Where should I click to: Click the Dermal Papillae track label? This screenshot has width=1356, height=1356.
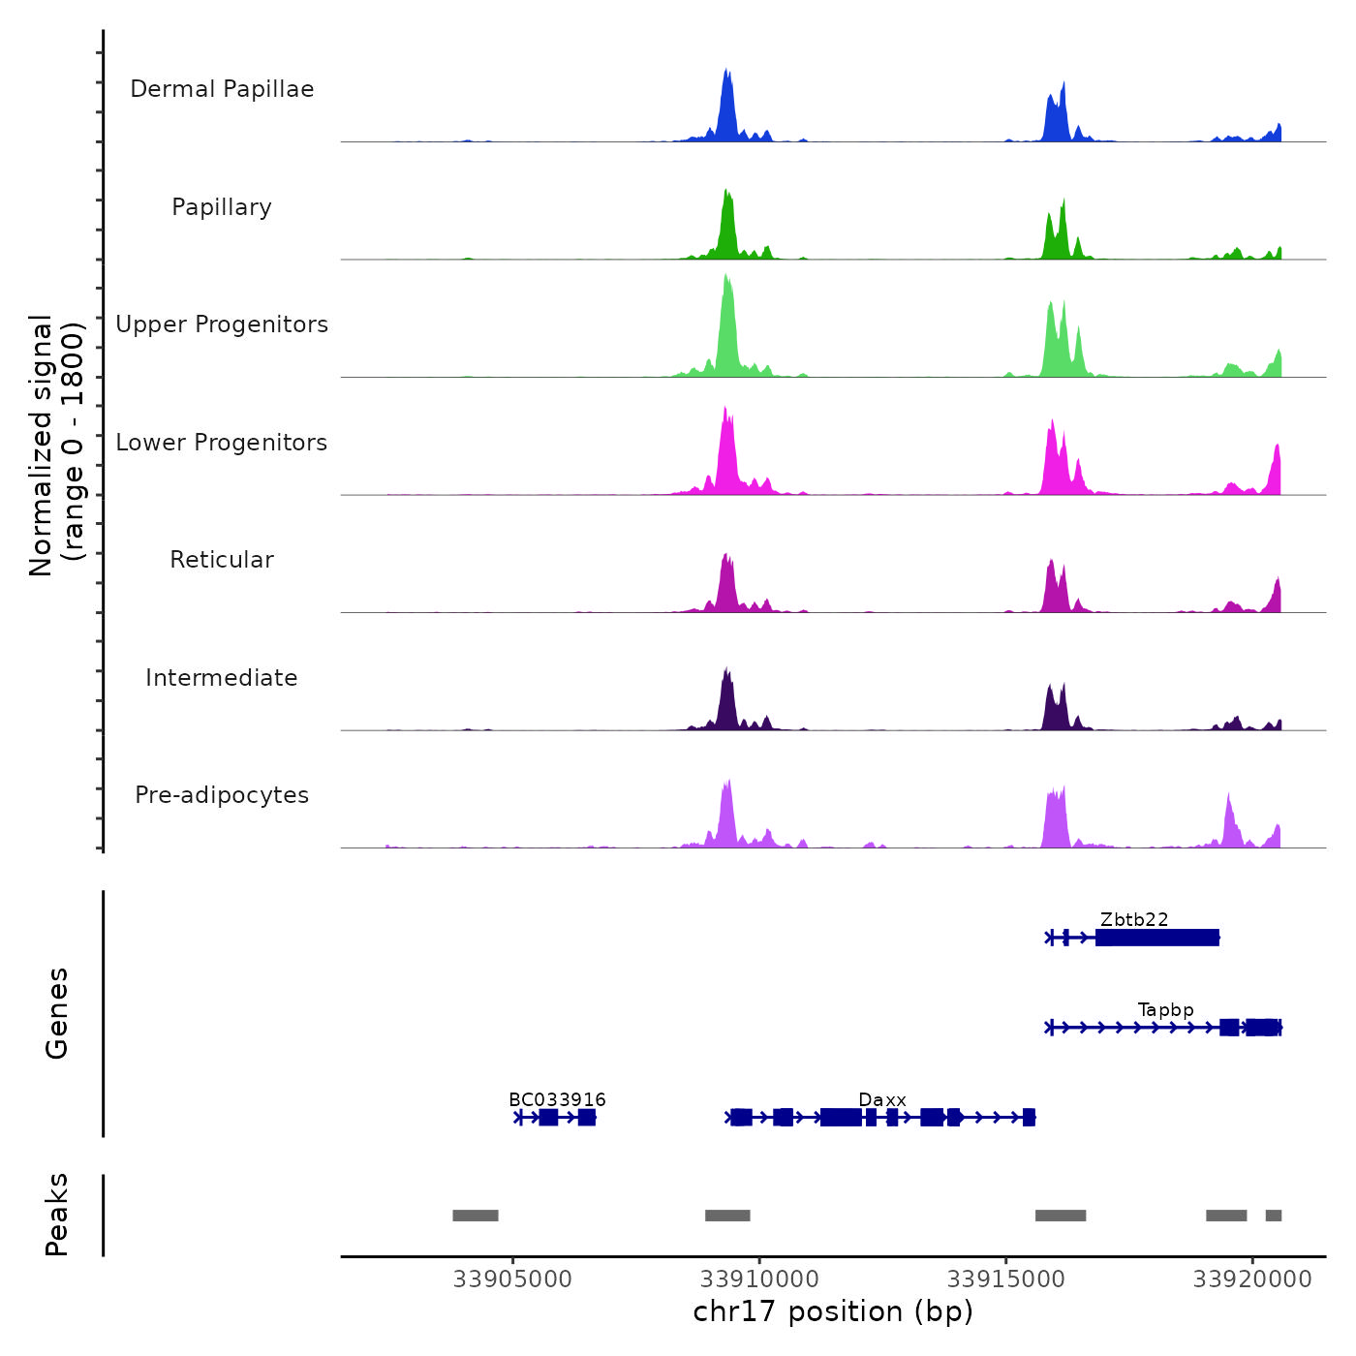222,89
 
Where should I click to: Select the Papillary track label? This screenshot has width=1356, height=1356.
222,207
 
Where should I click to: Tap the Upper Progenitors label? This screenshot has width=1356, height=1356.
222,324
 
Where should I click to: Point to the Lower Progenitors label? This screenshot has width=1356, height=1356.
222,443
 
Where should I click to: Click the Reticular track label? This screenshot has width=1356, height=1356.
222,560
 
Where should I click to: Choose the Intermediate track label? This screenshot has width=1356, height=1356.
222,678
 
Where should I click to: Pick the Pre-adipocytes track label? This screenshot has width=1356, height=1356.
222,795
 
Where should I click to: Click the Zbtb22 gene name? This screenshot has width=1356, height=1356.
1134,919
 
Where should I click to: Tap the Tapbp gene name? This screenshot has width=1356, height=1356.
1165,1009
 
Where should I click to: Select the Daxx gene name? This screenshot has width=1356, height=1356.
882,1099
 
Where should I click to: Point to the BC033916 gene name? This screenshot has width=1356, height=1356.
557,1099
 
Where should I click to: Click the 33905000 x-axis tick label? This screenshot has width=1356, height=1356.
512,1279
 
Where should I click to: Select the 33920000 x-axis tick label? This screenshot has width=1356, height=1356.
1252,1279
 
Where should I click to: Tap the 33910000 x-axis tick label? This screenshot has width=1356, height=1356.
759,1279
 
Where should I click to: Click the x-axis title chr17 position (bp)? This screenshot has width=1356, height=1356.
833,1311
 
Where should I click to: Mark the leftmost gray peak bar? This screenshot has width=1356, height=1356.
476,1216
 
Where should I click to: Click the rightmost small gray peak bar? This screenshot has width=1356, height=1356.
1274,1216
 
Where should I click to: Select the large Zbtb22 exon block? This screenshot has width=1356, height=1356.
1156,938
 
